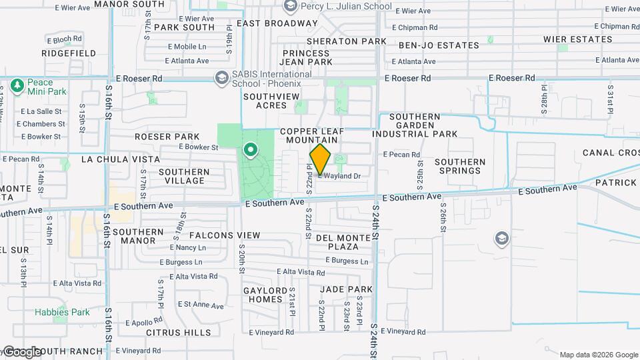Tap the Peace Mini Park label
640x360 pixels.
click(x=45, y=86)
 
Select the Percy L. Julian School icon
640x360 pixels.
click(x=290, y=7)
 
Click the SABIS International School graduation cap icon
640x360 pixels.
click(x=221, y=78)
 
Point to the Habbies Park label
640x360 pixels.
click(x=62, y=312)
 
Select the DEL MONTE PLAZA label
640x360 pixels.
click(x=343, y=242)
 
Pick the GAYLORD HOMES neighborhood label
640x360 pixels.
click(x=263, y=294)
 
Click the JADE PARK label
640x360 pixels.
click(x=346, y=289)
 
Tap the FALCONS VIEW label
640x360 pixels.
click(x=225, y=235)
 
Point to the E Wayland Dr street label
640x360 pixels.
click(x=340, y=176)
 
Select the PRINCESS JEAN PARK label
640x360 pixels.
click(x=307, y=57)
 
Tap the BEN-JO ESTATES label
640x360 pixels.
click(x=439, y=45)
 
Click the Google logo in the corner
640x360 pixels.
click(x=21, y=351)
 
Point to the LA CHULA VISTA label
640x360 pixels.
click(x=121, y=159)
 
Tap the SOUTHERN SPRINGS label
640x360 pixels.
click(x=460, y=166)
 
